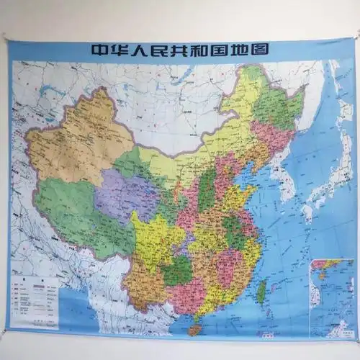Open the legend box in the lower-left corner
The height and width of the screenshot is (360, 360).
[x=36, y=295]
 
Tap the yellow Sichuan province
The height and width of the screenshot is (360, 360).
[x=155, y=238]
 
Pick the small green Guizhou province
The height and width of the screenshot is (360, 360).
[x=176, y=270]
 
